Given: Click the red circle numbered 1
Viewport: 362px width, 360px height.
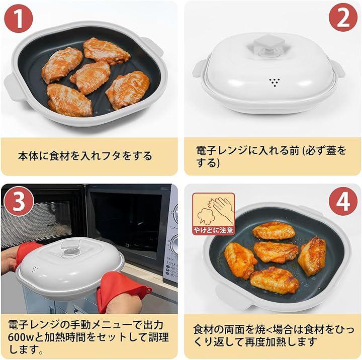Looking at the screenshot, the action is click(x=19, y=19).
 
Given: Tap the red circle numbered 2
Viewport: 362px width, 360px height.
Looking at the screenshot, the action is click(x=343, y=18).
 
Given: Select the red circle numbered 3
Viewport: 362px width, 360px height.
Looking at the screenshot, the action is click(x=19, y=201).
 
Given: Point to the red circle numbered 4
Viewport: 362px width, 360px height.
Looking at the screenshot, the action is click(x=343, y=201).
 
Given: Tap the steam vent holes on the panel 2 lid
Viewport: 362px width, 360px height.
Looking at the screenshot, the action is click(x=275, y=82).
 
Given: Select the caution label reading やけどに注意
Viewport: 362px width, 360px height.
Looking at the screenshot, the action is click(x=214, y=230).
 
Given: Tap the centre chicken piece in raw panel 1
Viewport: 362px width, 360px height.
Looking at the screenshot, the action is click(x=90, y=77).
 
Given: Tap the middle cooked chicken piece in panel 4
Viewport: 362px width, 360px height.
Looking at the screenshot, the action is click(x=276, y=252).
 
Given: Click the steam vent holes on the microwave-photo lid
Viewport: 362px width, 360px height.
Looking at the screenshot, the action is click(x=35, y=268).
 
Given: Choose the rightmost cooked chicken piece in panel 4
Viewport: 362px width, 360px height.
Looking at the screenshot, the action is click(x=312, y=256).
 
